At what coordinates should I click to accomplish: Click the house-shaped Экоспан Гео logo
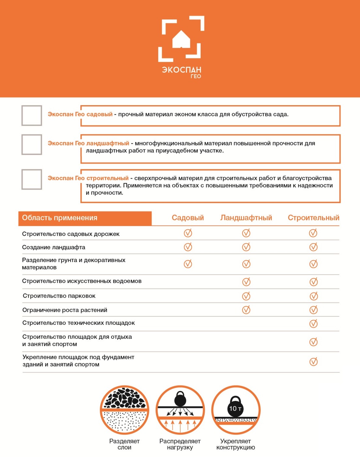(181, 39)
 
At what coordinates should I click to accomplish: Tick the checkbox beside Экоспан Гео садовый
(32, 116)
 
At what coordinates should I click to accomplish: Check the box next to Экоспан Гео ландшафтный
(32, 144)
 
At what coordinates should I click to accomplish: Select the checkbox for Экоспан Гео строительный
(32, 179)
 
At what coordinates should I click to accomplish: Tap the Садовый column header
(188, 218)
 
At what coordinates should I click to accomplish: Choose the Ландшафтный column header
(246, 218)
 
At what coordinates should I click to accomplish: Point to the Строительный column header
(313, 218)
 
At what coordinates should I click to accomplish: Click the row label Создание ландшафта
(54, 247)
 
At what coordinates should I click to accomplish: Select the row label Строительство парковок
(59, 296)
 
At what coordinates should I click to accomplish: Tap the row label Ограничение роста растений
(65, 310)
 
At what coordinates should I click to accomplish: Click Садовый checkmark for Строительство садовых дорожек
(188, 233)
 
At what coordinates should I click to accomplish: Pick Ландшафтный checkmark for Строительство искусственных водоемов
(246, 282)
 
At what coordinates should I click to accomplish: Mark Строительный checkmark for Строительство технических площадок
(313, 323)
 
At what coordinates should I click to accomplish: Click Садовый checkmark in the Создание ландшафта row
(188, 247)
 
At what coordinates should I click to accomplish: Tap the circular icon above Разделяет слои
(124, 410)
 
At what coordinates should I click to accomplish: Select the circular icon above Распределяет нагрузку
(180, 410)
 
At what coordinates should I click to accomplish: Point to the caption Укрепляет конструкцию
(236, 444)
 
